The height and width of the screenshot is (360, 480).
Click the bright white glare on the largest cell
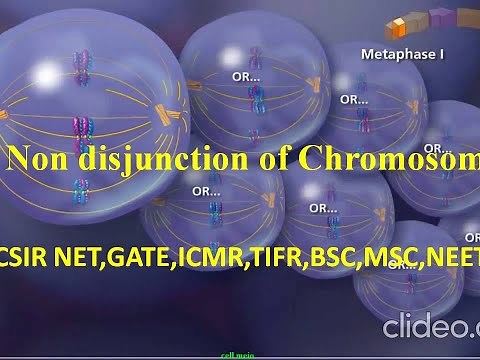[45, 75]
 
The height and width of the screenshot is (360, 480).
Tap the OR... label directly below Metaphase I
[354, 99]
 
